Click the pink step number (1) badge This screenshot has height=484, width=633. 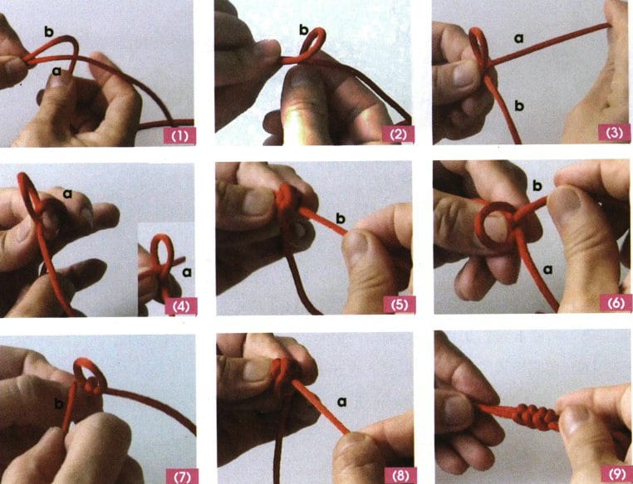pyautogui.click(x=179, y=135)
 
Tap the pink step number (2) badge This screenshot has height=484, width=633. pyautogui.click(x=398, y=134)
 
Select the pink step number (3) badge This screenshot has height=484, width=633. pyautogui.click(x=615, y=132)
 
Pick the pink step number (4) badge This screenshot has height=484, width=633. pyautogui.click(x=181, y=306)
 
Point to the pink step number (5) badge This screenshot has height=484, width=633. pyautogui.click(x=400, y=305)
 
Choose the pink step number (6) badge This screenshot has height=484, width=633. pyautogui.click(x=616, y=302)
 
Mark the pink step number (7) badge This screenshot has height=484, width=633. pyautogui.click(x=182, y=477)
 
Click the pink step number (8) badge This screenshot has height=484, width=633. pyautogui.click(x=400, y=476)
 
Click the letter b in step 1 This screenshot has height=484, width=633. pyautogui.click(x=49, y=32)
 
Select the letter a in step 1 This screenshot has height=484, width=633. pyautogui.click(x=57, y=71)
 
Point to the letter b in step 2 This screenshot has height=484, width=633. pyautogui.click(x=304, y=29)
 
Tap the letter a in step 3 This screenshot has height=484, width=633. pyautogui.click(x=518, y=38)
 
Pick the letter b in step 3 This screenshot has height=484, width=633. pyautogui.click(x=519, y=105)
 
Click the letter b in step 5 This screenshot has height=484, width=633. pyautogui.click(x=341, y=218)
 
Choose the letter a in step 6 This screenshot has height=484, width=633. pyautogui.click(x=547, y=270)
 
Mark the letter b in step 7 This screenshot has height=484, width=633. pyautogui.click(x=59, y=403)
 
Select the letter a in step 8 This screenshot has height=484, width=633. pyautogui.click(x=341, y=402)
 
